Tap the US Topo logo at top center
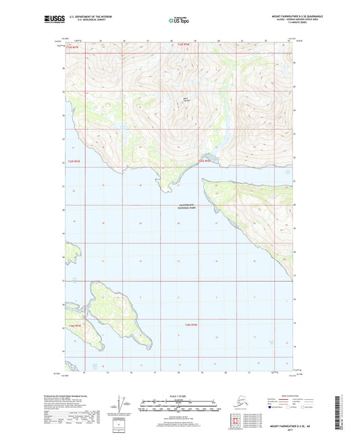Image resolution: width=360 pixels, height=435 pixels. click(179, 21)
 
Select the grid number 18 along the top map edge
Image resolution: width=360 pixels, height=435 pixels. click(171, 41)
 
